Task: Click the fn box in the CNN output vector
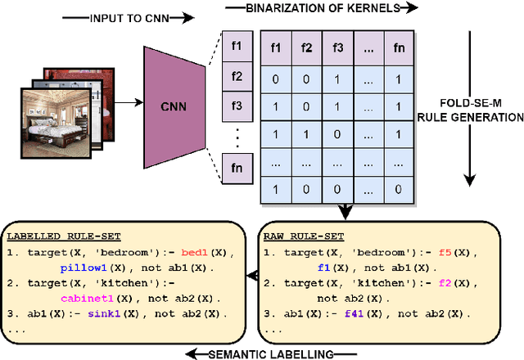(x=237, y=169)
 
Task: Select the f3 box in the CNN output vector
(x=237, y=106)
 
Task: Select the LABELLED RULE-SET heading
(x=55, y=236)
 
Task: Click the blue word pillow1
(x=84, y=267)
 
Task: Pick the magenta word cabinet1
(x=85, y=299)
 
